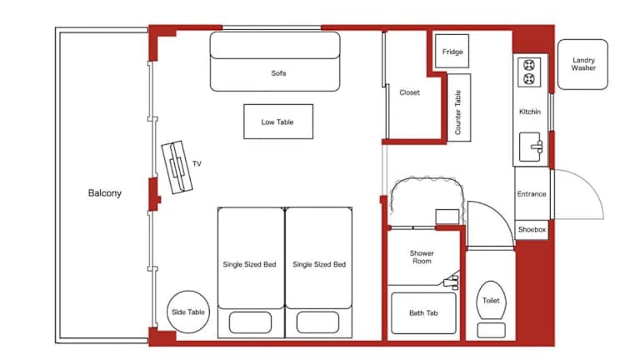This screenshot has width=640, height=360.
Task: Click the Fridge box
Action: (452, 51)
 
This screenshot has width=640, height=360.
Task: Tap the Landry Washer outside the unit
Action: (582, 64)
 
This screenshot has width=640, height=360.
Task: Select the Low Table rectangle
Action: (278, 122)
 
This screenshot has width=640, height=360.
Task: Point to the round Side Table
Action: (188, 312)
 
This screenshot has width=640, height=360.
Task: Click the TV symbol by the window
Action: (177, 167)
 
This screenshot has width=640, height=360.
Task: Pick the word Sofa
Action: (278, 73)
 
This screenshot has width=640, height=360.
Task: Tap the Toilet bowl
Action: (491, 300)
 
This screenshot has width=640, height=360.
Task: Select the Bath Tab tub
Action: (423, 313)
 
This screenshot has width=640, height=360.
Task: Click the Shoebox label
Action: (532, 230)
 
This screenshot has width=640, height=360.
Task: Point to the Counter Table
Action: (459, 107)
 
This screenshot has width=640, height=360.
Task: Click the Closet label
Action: (409, 92)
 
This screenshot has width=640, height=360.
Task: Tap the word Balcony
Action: (105, 193)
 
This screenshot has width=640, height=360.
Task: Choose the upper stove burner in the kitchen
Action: (529, 65)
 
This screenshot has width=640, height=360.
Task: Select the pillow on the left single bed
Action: (250, 322)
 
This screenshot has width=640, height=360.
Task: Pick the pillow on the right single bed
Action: (317, 322)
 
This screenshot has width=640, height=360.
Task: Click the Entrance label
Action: (532, 194)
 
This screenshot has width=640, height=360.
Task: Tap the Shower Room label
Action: (422, 257)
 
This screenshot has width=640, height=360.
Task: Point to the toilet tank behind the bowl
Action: (491, 330)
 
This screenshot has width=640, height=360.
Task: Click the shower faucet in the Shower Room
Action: (452, 281)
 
